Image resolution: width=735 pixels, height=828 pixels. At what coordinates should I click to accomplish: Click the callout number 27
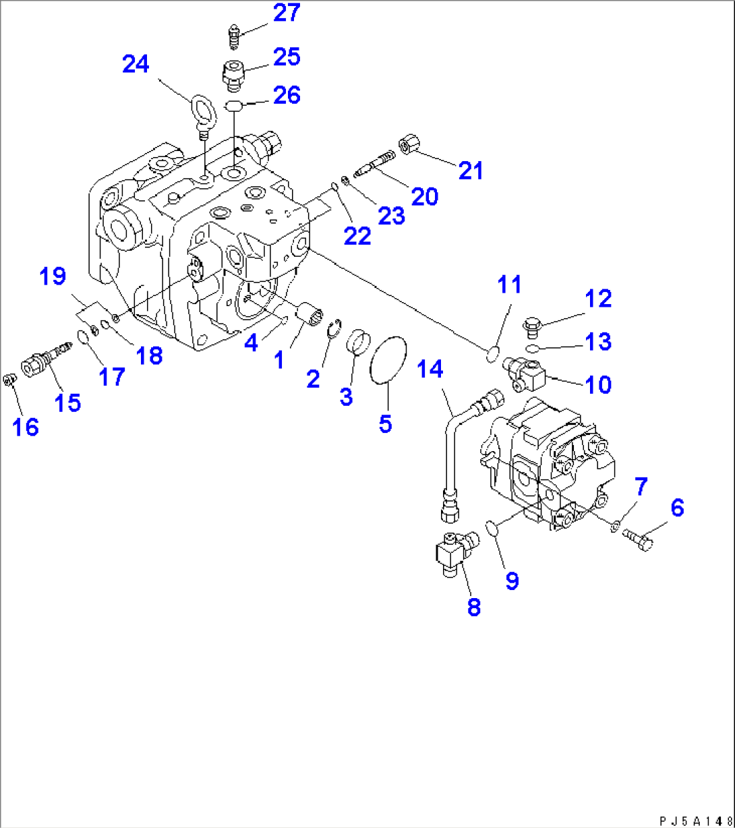point(287,13)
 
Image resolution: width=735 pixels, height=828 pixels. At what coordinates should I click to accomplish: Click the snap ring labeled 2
point(332,331)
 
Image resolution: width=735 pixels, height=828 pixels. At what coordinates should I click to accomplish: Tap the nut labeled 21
point(409,144)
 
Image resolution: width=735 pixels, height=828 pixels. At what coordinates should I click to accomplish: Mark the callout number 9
point(512,581)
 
